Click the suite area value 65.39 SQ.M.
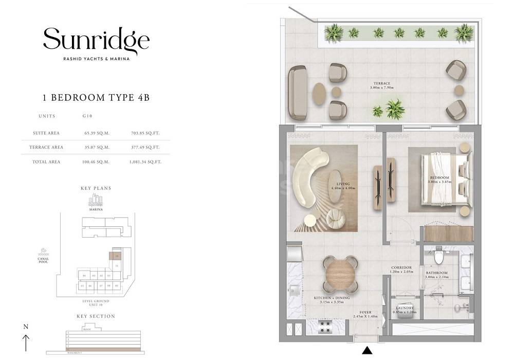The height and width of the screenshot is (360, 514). (x=97, y=133)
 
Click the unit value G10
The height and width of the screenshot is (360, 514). (x=87, y=116)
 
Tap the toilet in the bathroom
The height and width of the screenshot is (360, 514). (x=438, y=256)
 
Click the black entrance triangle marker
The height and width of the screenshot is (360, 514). (x=367, y=351)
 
